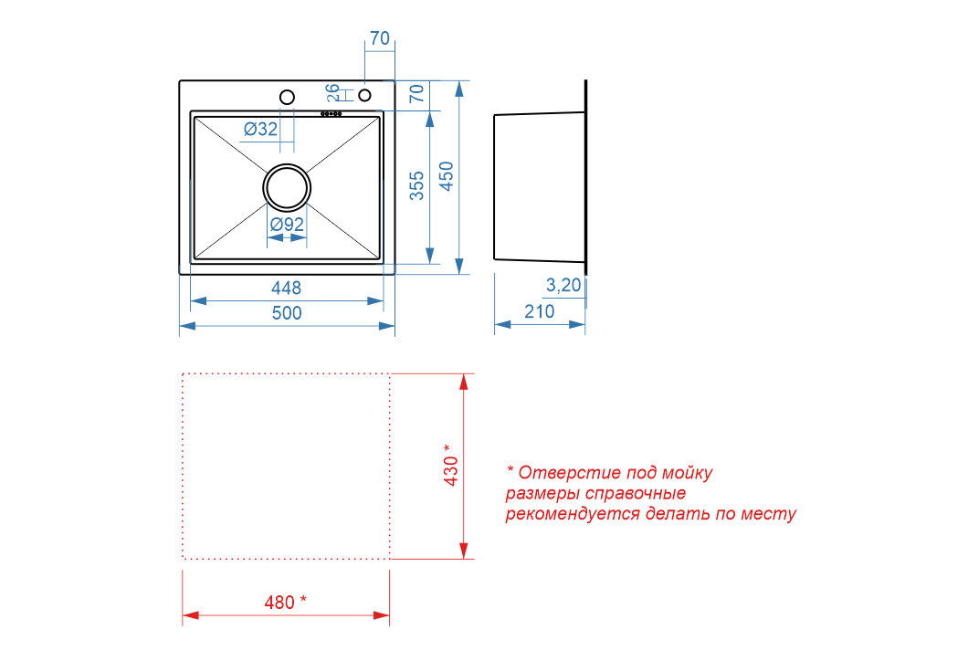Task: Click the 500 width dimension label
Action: [287, 313]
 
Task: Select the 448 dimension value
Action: [287, 288]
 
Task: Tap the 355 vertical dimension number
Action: [417, 185]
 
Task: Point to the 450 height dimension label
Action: [447, 176]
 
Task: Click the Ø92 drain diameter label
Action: [287, 224]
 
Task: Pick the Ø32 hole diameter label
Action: [260, 129]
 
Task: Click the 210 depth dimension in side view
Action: [540, 311]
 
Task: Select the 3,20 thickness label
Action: [563, 285]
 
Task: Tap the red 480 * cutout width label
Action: [285, 602]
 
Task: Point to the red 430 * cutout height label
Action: [451, 466]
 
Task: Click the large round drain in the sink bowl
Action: [287, 187]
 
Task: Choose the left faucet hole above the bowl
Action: [287, 97]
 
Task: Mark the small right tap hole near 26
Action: [365, 95]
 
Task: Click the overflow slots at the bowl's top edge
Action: [331, 113]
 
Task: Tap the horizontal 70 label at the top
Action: [380, 38]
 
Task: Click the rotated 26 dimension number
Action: [333, 92]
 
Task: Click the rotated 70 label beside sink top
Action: [417, 93]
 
